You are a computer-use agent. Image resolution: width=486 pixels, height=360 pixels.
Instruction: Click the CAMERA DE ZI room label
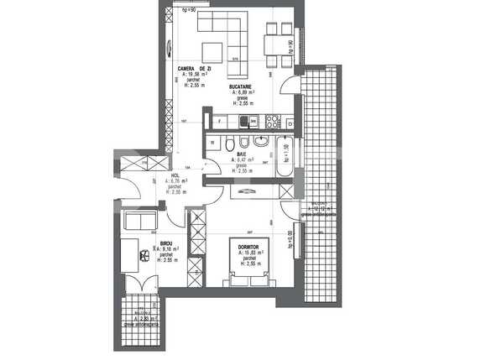click(x=200, y=68)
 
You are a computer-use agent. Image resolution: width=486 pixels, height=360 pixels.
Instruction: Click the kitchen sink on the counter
click(x=244, y=122)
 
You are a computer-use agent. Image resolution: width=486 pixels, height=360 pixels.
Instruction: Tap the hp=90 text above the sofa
click(x=189, y=10)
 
